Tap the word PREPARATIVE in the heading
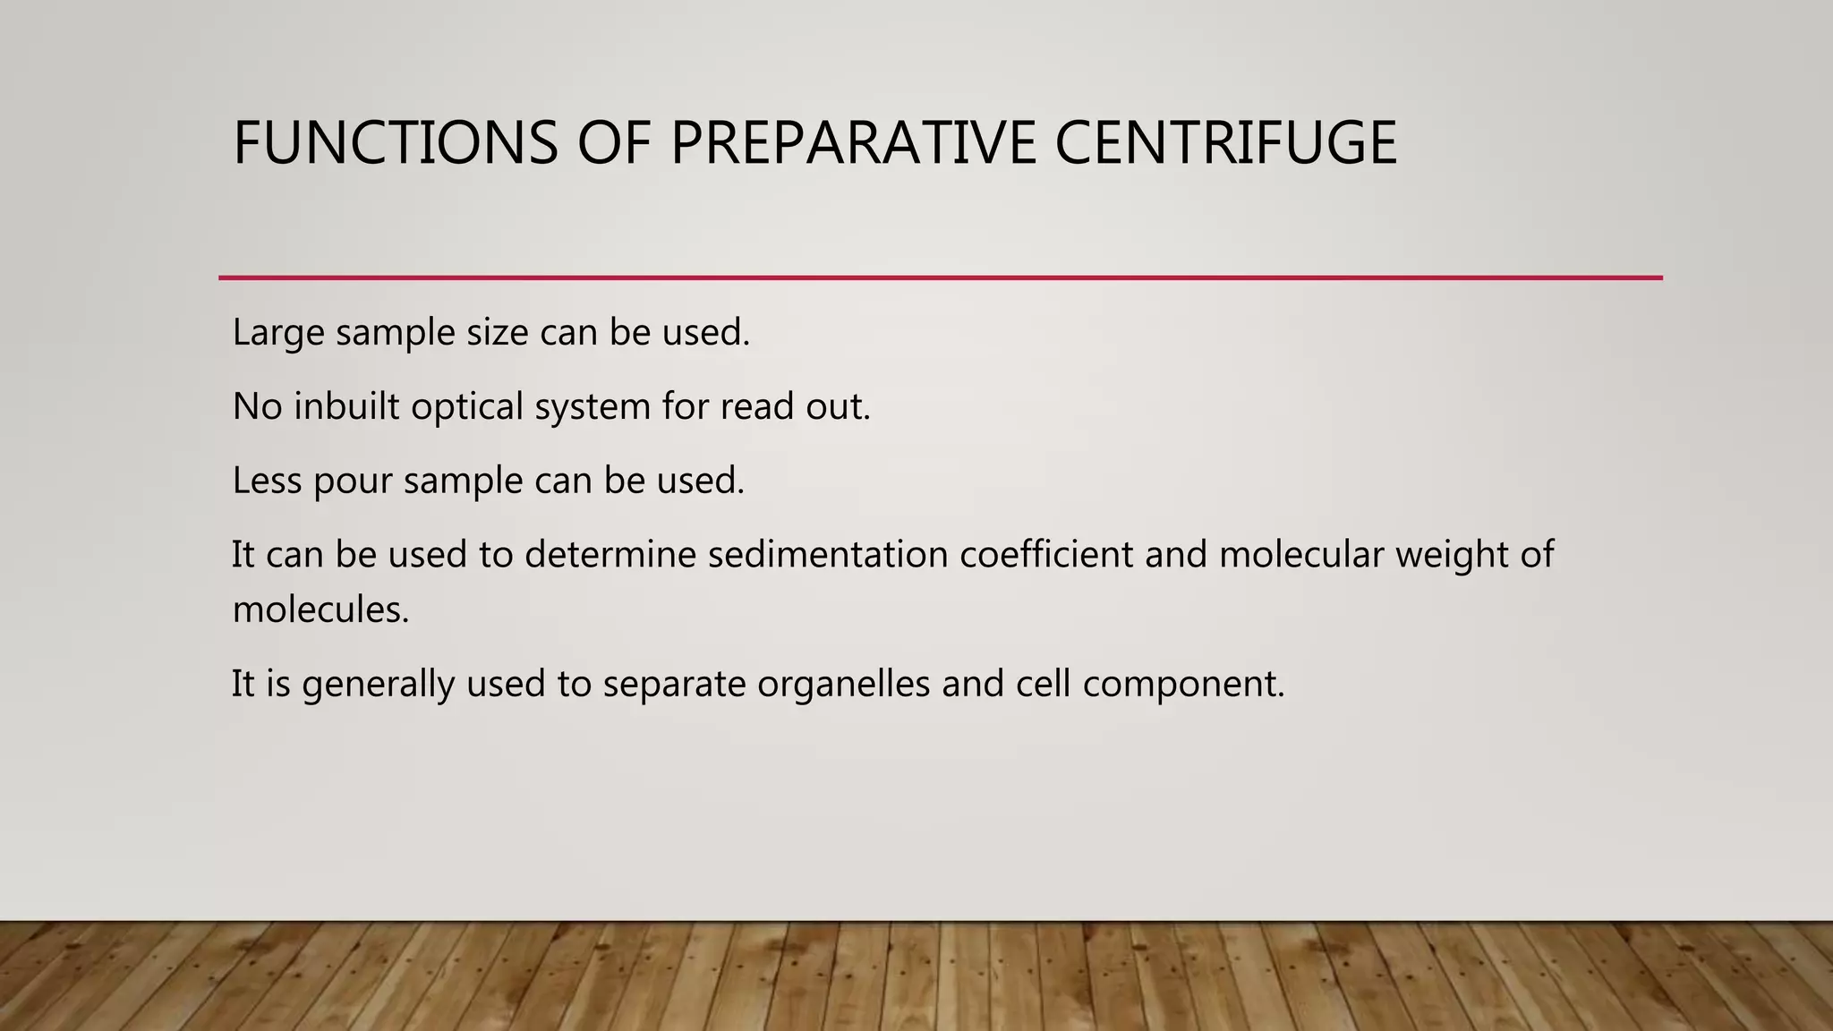(x=853, y=143)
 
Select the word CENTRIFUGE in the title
(x=1225, y=143)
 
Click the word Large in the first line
(x=277, y=333)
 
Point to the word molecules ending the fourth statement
(x=320, y=610)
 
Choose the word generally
(x=378, y=685)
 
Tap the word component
(x=1182, y=685)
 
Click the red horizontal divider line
(x=940, y=277)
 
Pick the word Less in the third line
(x=266, y=481)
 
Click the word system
(x=592, y=407)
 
